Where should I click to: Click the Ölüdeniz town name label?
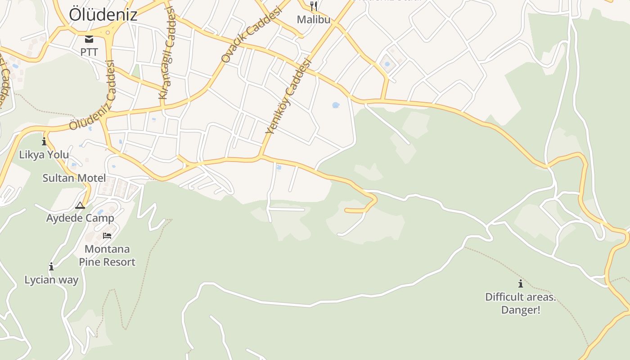pyautogui.click(x=103, y=14)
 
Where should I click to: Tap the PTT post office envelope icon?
pyautogui.click(x=89, y=39)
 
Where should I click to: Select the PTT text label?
pyautogui.click(x=89, y=52)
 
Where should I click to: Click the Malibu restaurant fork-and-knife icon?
pyautogui.click(x=314, y=6)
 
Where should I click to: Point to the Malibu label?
pyautogui.click(x=314, y=20)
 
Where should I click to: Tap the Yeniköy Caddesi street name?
pyautogui.click(x=288, y=97)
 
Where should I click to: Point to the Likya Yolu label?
pyautogui.click(x=44, y=155)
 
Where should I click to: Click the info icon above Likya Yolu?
pyautogui.click(x=44, y=142)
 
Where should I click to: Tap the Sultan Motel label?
pyautogui.click(x=74, y=178)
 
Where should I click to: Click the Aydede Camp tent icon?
pyautogui.click(x=80, y=206)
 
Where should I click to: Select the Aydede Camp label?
pyautogui.click(x=80, y=218)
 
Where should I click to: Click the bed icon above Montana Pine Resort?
pyautogui.click(x=107, y=235)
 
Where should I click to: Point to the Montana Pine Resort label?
pyautogui.click(x=107, y=256)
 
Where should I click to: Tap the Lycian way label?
pyautogui.click(x=51, y=280)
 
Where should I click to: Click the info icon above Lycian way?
pyautogui.click(x=51, y=266)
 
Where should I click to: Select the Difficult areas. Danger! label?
pyautogui.click(x=521, y=303)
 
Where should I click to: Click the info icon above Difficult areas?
pyautogui.click(x=521, y=283)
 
